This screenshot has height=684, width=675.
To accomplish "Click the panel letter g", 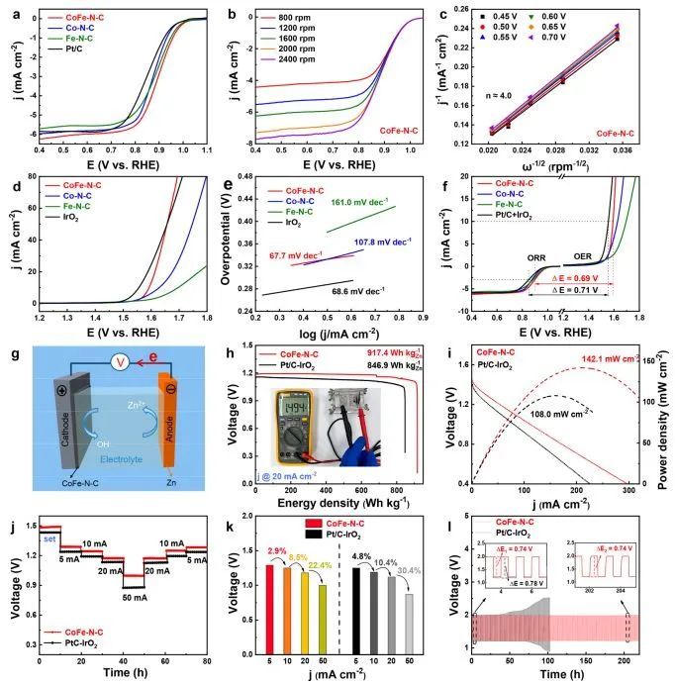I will click(x=9, y=352).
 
